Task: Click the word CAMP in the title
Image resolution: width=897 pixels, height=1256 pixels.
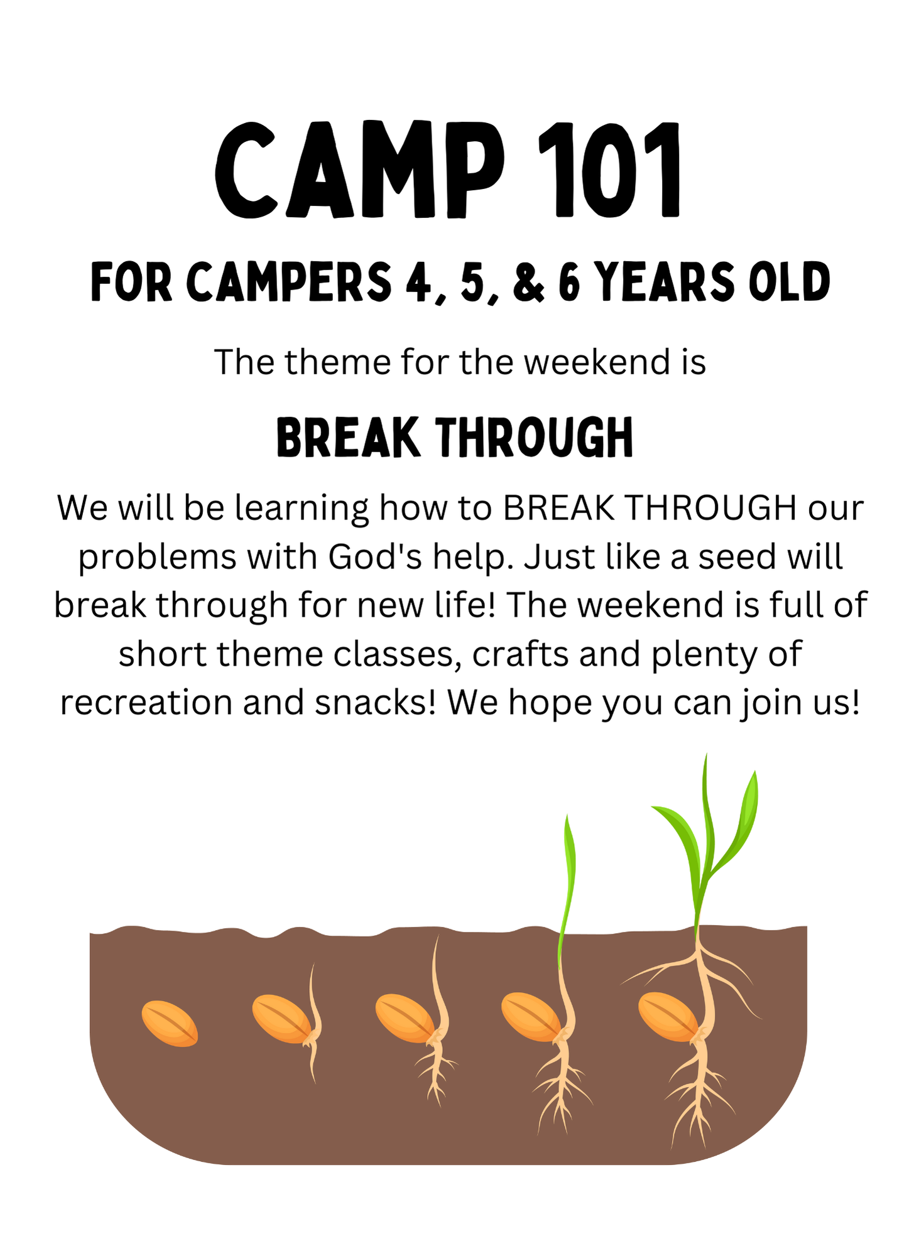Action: [359, 171]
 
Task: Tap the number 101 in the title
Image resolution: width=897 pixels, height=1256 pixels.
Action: [609, 171]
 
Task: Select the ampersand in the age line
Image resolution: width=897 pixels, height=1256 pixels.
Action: [528, 282]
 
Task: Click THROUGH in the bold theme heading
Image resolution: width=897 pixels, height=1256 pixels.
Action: [535, 437]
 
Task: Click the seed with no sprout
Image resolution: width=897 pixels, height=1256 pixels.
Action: [170, 1024]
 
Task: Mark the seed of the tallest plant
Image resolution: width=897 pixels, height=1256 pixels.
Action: [668, 1017]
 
